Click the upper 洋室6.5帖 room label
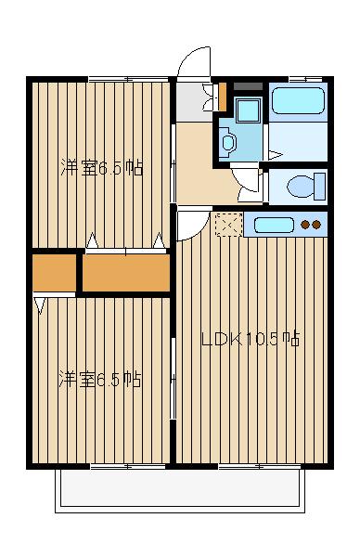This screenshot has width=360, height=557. coord(102,169)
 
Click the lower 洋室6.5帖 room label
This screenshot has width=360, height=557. coord(100,379)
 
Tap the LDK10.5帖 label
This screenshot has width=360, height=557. coord(251,339)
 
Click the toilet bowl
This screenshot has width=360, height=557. coord(302,186)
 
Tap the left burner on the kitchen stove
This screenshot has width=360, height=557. coord(306,225)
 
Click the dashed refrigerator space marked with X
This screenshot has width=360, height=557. coord(228,225)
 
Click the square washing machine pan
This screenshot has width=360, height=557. coord(247,110)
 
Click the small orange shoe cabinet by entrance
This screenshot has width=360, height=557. coord(222,95)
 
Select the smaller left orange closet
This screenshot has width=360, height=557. coord(55,273)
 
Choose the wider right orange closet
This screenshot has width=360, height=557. coord(125,273)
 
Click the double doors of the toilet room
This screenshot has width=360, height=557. coord(248,184)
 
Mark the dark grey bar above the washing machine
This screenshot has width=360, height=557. coord(247,86)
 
